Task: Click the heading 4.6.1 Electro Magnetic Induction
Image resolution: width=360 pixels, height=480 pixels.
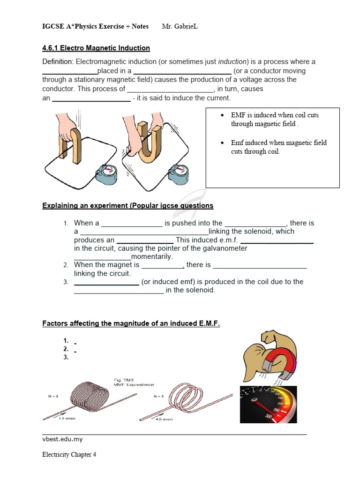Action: coord(96,48)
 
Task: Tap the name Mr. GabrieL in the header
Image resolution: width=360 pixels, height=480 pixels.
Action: coord(180,26)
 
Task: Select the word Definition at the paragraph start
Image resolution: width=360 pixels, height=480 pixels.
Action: coord(58,62)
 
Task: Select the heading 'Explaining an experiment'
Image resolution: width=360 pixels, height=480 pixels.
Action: coord(127,206)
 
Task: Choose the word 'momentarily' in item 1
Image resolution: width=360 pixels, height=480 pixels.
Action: coord(152,257)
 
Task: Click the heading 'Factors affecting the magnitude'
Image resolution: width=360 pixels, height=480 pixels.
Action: coord(131,324)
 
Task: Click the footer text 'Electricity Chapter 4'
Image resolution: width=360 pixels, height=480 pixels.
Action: coord(69,455)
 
